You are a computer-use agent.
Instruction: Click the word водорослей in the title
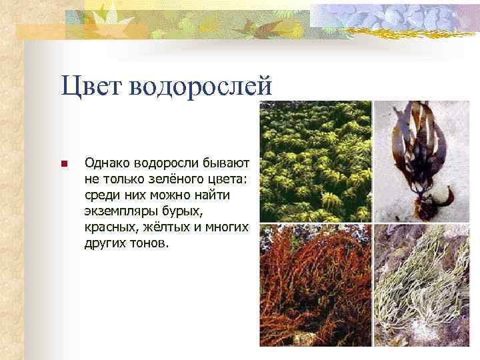click(x=205, y=87)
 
